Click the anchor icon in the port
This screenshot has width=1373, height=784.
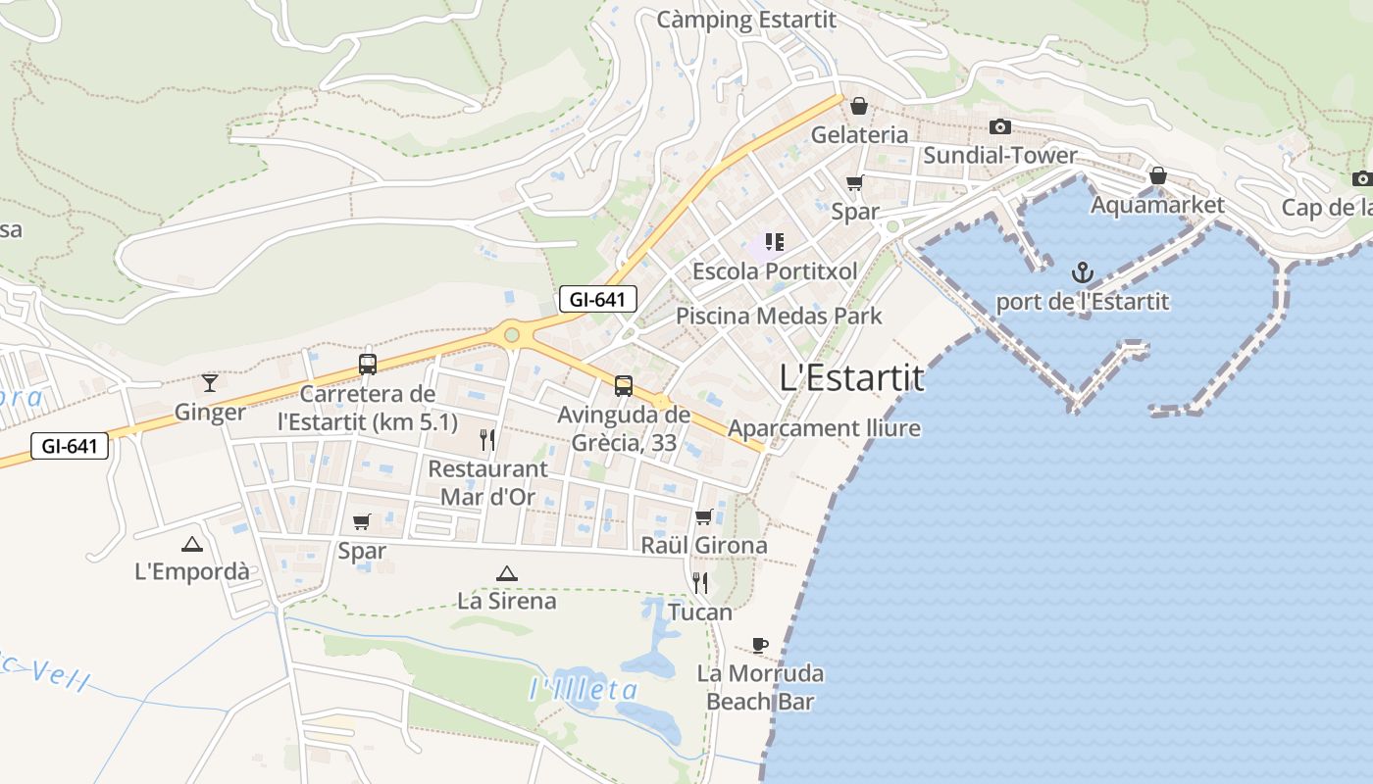[1082, 271]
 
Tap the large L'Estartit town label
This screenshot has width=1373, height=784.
[851, 377]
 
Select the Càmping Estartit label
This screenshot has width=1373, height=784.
[746, 20]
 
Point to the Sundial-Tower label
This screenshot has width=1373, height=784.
[999, 155]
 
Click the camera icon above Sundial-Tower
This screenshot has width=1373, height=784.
[1000, 126]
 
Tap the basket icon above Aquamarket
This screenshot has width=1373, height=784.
[1157, 175]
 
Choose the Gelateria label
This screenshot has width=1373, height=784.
[859, 134]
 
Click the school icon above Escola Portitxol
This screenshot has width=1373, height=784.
[775, 241]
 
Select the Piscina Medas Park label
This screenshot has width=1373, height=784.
[779, 316]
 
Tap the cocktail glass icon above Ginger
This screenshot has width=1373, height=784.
[209, 382]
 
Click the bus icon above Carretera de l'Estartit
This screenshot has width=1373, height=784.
[368, 365]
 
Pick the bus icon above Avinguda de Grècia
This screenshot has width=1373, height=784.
[624, 386]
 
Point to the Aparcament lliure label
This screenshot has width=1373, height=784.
[824, 428]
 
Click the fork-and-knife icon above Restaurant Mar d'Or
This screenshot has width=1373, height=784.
[486, 438]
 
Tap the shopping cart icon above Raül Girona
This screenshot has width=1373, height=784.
[703, 516]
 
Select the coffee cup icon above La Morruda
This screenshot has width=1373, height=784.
[759, 644]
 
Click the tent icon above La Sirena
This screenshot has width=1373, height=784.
[506, 573]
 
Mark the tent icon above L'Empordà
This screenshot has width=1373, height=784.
[191, 544]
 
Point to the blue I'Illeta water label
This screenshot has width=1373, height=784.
[584, 689]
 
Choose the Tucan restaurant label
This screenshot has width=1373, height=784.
[700, 612]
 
